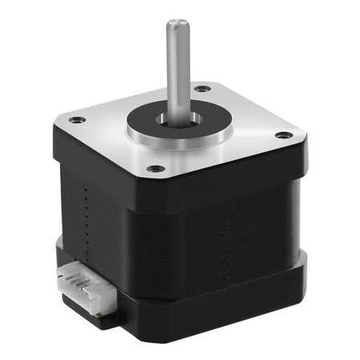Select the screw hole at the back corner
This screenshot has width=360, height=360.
coord(203,88)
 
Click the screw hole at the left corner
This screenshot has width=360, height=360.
coord(77,120)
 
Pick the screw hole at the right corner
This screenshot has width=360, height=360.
coord(282,135)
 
